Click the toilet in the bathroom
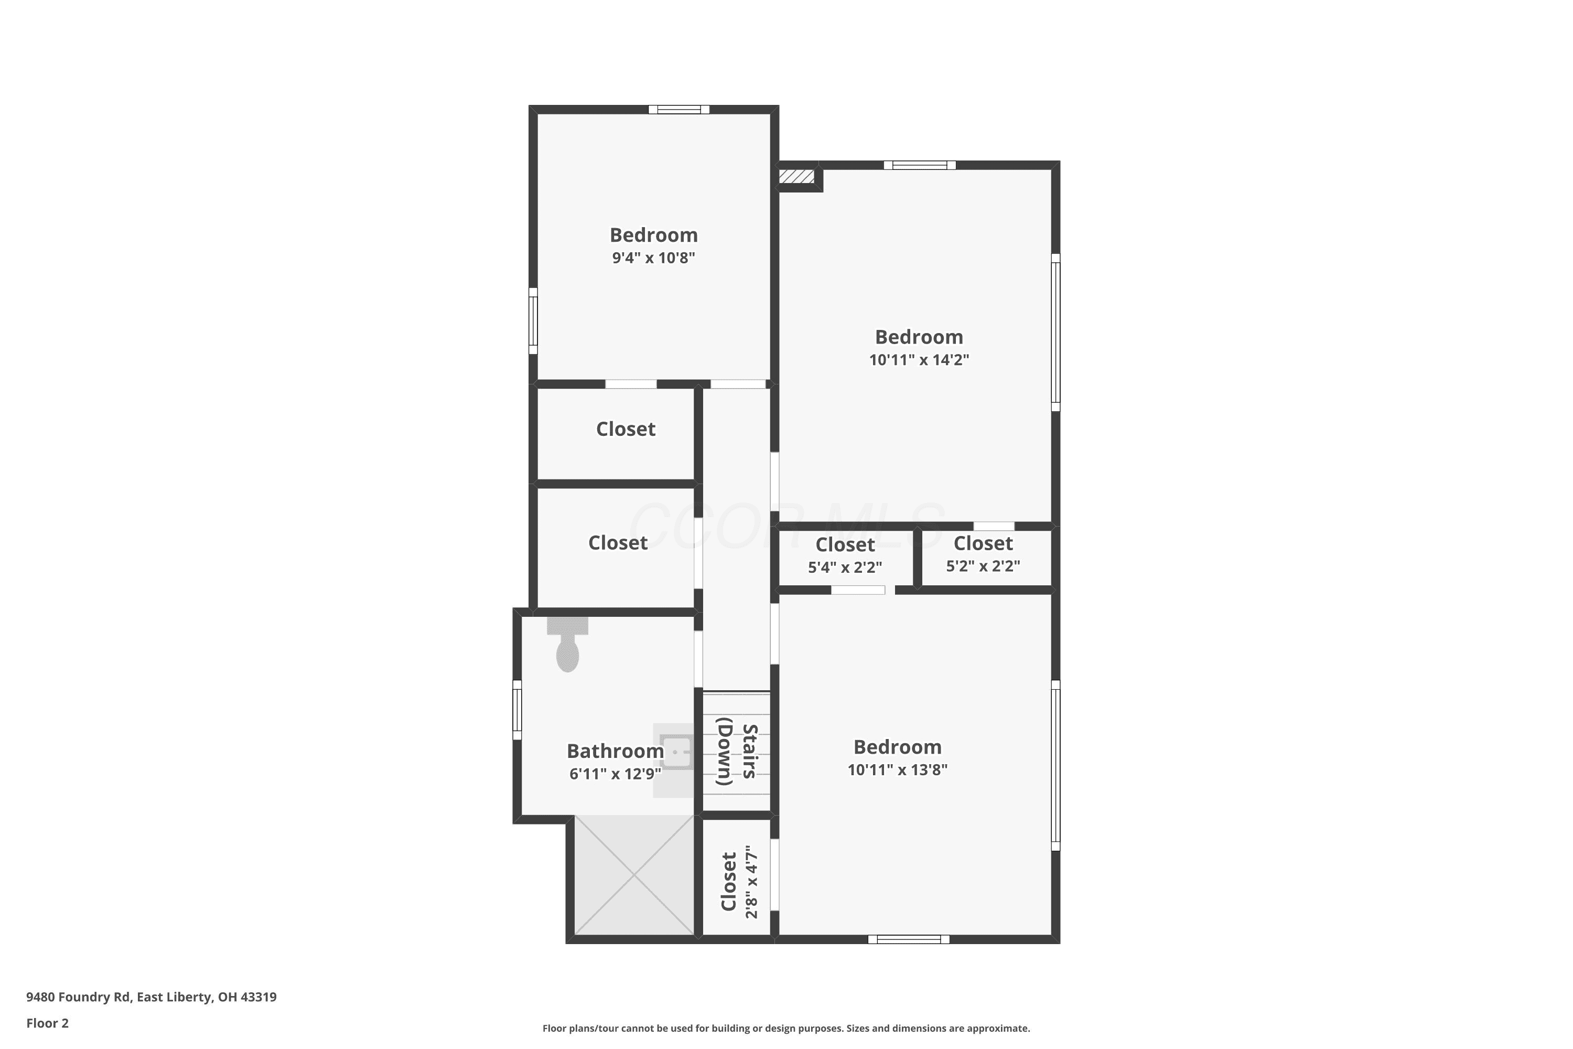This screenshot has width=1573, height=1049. coord(567,644)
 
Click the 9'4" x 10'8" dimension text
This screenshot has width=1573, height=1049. coord(653,258)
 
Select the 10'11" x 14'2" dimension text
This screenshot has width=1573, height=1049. coord(919,359)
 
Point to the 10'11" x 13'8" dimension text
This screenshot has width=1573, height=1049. coord(898,769)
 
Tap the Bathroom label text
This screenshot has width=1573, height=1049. coord(615,751)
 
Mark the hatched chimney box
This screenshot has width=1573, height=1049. coord(797,177)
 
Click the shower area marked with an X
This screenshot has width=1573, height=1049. coord(634,874)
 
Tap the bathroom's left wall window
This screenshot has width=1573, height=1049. coord(517,710)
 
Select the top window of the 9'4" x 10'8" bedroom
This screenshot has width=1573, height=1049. coord(679,110)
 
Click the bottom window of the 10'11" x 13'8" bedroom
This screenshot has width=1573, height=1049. coord(909,939)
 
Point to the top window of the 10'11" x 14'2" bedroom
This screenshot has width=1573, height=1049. coord(920,165)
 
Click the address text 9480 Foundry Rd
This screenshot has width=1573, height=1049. coord(78,997)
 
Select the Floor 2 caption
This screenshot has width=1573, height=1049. coord(48,1023)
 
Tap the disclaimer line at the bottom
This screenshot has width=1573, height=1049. coord(786,1028)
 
